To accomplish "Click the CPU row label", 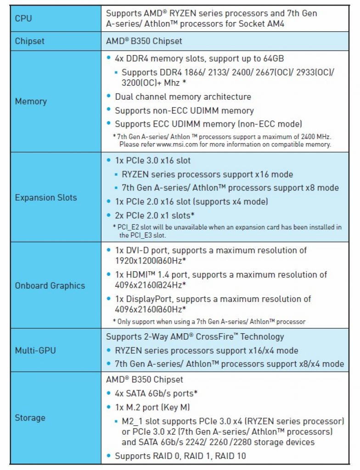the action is tap(23, 18).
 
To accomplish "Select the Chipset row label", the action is tap(30, 41).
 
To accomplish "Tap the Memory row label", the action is tap(31, 101).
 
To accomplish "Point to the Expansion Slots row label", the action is tap(46, 197).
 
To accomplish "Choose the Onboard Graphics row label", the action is tap(50, 285).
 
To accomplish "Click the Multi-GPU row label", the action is tap(35, 350).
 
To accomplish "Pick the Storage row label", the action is tap(30, 418).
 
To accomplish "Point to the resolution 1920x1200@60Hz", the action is tap(149, 261).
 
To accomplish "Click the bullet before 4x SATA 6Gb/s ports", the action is tap(109, 393).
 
